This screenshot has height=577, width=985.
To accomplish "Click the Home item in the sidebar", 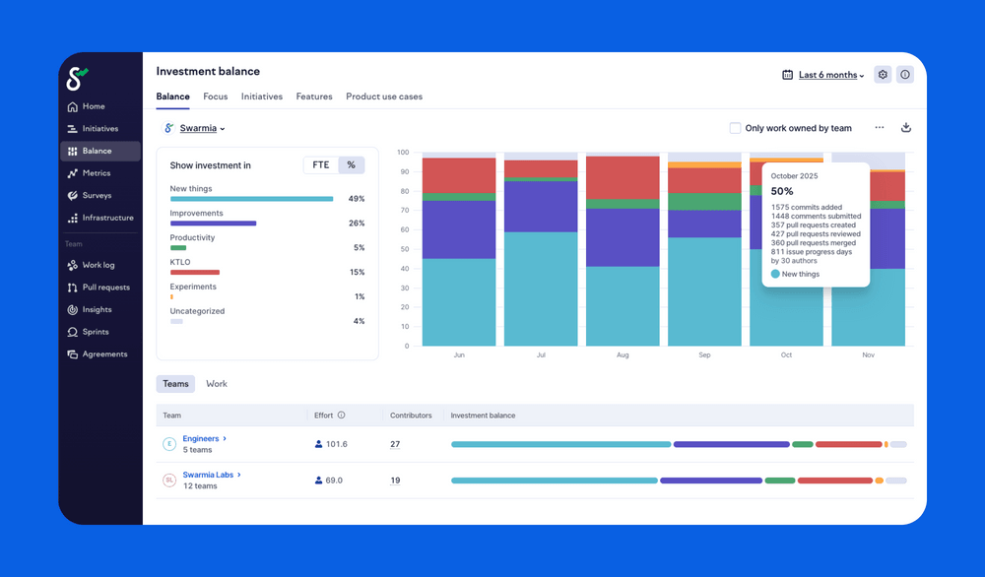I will [x=93, y=106].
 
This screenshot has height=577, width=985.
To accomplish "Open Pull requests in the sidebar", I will [x=104, y=288].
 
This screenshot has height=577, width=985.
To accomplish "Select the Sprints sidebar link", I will [x=95, y=332].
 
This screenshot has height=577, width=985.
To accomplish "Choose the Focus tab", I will [x=215, y=96].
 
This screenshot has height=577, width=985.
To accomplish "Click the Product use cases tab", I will [x=384, y=96].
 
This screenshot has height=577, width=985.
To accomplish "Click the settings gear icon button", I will [x=883, y=75].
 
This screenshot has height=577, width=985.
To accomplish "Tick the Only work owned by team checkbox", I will [x=735, y=128].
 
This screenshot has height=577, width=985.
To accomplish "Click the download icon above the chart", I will [x=906, y=128].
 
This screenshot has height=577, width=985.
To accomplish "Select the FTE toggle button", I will [x=321, y=165].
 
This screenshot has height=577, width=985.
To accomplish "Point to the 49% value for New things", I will [x=356, y=199].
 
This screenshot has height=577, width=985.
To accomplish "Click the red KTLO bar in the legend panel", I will [x=195, y=272].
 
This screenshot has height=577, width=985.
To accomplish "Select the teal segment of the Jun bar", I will [x=459, y=302].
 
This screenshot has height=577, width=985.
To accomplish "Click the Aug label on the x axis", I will [x=623, y=354].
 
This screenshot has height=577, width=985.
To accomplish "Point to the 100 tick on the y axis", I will [x=402, y=153].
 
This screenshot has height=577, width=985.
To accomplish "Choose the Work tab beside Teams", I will [x=217, y=384].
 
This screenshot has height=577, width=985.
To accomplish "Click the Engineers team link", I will [x=201, y=438].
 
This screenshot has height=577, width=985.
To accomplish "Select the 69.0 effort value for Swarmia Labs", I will [x=333, y=481].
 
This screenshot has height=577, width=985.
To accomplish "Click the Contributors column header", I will [x=411, y=416].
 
